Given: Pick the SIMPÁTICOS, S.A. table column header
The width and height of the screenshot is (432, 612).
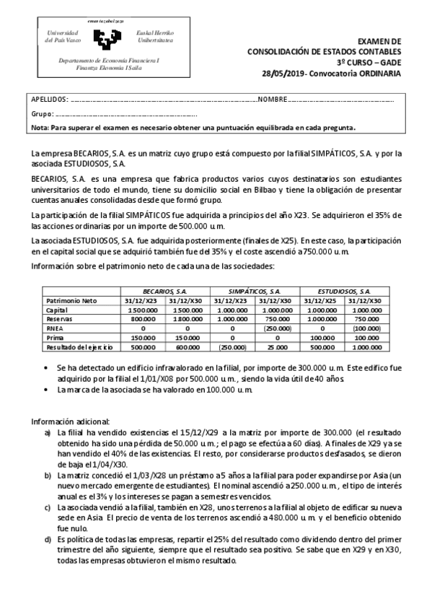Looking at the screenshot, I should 255,289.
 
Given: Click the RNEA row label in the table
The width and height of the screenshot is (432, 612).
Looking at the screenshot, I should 54,327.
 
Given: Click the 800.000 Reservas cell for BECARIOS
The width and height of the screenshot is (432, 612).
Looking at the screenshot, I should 145,318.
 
